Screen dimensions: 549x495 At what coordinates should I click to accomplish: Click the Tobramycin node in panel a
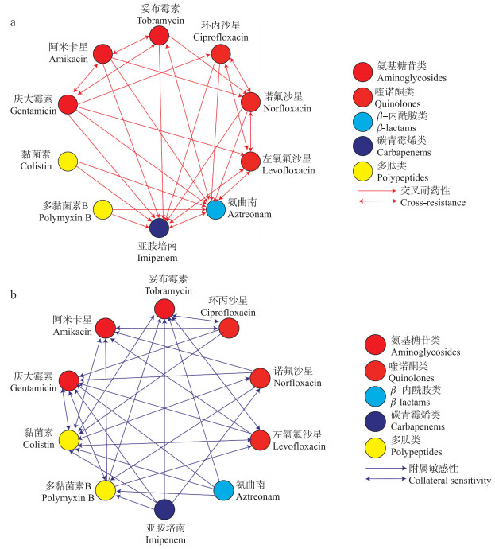[x=159, y=35]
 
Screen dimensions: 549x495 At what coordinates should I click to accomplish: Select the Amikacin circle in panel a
[x=102, y=54]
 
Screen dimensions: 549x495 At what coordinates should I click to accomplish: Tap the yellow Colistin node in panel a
[x=68, y=160]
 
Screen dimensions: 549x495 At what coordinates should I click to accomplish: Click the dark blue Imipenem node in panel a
[x=159, y=228]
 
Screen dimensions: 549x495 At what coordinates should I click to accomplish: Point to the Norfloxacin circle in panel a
[x=250, y=102]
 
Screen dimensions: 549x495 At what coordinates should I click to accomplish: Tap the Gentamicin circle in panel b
[x=68, y=380]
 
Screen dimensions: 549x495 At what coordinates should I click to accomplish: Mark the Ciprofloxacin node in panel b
[x=230, y=327]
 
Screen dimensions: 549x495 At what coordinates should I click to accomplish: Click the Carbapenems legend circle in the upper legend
[x=363, y=146]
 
